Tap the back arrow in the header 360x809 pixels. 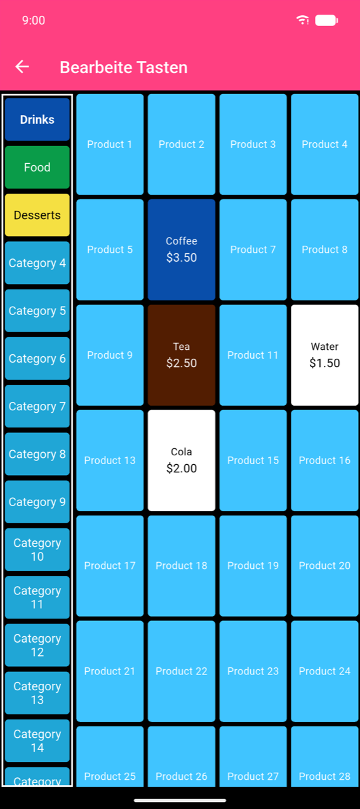[22, 67]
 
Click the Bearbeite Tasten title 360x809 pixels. [123, 67]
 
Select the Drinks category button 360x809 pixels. [37, 119]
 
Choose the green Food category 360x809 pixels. [37, 167]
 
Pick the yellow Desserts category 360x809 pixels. [37, 215]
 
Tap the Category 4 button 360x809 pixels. [37, 263]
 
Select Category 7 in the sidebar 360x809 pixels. [37, 406]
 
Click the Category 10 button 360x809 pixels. [37, 550]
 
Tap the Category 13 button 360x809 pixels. [37, 693]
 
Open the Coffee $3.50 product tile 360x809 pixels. [182, 250]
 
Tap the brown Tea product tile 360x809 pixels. [182, 355]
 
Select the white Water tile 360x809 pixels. [324, 355]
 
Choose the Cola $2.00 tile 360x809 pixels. [182, 460]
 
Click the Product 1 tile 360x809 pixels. [110, 145]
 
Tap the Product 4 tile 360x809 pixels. [324, 145]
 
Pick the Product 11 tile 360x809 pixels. [253, 355]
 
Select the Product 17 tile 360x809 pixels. [110, 566]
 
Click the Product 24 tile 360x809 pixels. [324, 671]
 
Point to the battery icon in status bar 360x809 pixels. [326, 20]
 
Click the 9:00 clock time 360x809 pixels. [34, 20]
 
